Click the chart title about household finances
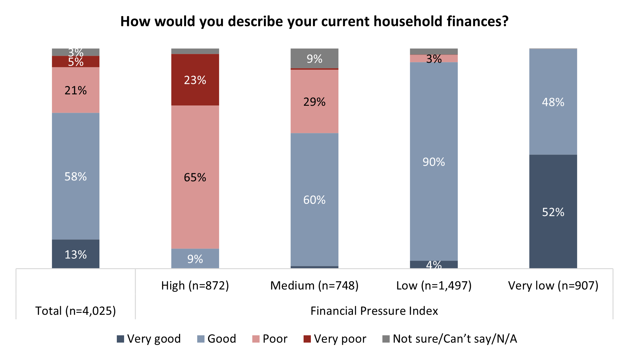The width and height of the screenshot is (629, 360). (314, 22)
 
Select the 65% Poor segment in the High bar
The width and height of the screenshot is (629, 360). (195, 177)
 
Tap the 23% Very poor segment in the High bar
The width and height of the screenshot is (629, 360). (195, 80)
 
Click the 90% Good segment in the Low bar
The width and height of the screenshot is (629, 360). (434, 161)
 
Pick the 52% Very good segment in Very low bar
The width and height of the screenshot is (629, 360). (553, 212)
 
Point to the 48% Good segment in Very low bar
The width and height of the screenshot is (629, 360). (553, 102)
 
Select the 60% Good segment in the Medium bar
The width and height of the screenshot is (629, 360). (314, 199)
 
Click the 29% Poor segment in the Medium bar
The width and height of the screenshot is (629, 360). (314, 101)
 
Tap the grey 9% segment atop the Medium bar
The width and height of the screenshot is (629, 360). (314, 59)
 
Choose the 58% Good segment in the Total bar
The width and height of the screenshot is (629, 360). (76, 176)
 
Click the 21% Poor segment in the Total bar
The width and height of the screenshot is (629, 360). (76, 90)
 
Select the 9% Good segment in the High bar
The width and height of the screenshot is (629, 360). (195, 259)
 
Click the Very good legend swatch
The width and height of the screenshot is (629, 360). (120, 339)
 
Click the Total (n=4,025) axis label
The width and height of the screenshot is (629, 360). (76, 311)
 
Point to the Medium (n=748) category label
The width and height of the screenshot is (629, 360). (314, 286)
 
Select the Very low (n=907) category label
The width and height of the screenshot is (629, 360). (553, 286)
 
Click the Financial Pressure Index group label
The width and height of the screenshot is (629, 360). (374, 311)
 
